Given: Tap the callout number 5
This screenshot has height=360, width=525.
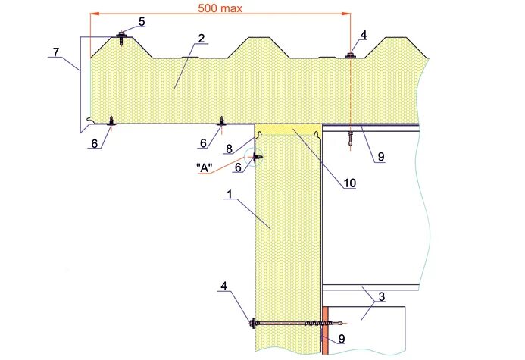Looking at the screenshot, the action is point(142,21).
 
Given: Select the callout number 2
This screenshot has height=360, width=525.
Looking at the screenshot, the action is point(200,39).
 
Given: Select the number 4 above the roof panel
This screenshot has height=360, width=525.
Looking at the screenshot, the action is point(364,35).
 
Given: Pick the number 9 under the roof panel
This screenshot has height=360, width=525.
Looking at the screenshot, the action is point(381,157).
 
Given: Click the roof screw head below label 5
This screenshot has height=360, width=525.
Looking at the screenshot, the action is point(121,35).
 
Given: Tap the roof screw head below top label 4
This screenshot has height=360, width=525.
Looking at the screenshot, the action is point(350,54).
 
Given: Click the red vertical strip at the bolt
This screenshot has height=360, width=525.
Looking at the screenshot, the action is point(325,330).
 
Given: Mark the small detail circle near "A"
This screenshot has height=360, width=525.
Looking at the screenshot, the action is point(258,157).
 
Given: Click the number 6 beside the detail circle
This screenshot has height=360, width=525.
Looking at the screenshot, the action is point(240,165).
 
